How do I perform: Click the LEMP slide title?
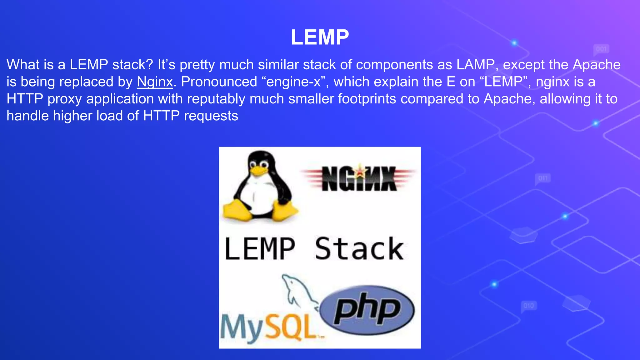320,37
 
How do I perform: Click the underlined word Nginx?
155,82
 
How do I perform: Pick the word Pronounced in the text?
219,82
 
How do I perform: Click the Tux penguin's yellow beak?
258,170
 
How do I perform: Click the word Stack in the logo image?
359,249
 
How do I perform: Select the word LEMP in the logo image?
260,249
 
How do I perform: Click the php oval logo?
367,309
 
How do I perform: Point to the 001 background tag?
601,49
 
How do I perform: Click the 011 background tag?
543,178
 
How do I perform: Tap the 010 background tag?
528,305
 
